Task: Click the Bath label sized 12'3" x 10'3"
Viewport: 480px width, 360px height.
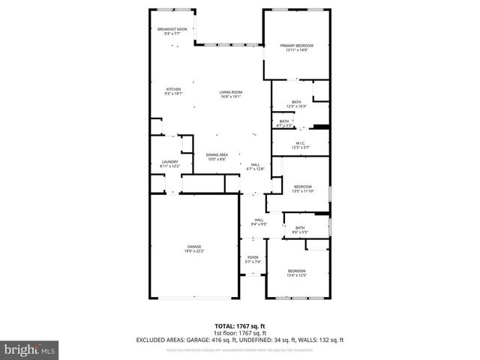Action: [x=296, y=104]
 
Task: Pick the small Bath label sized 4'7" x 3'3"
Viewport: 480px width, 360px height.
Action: [x=284, y=123]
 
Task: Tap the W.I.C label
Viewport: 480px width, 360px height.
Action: [x=299, y=145]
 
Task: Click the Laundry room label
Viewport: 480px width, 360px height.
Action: [x=169, y=163]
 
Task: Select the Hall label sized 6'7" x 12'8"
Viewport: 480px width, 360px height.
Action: [x=255, y=166]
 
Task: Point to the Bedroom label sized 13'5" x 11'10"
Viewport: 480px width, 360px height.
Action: [x=302, y=188]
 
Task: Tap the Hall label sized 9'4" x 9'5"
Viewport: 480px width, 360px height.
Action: [x=258, y=221]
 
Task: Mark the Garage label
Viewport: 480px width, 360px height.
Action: [x=194, y=248]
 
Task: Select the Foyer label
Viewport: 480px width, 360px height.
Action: [x=253, y=259]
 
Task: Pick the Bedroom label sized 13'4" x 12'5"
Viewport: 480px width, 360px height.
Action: [x=297, y=273]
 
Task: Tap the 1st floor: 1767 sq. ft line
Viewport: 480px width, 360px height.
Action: [x=239, y=333]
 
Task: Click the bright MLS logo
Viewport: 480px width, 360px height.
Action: [x=29, y=349]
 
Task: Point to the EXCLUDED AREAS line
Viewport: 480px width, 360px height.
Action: [x=239, y=340]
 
